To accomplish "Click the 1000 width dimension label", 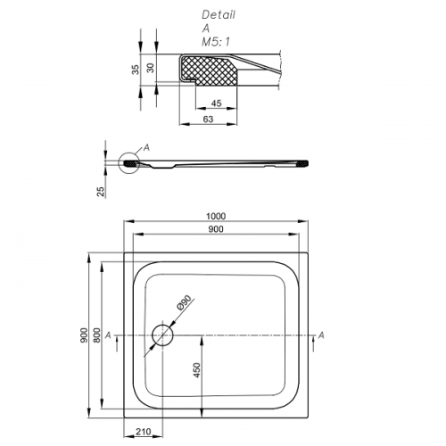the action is [216, 216].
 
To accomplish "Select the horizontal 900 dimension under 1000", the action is [216, 229].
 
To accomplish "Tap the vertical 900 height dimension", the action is [85, 335].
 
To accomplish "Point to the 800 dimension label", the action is [97, 335].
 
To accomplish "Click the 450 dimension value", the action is [197, 370].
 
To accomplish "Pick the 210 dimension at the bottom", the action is [144, 432].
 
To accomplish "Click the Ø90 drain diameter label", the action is [184, 302].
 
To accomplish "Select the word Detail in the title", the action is [219, 15].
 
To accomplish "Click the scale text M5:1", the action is [216, 42].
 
